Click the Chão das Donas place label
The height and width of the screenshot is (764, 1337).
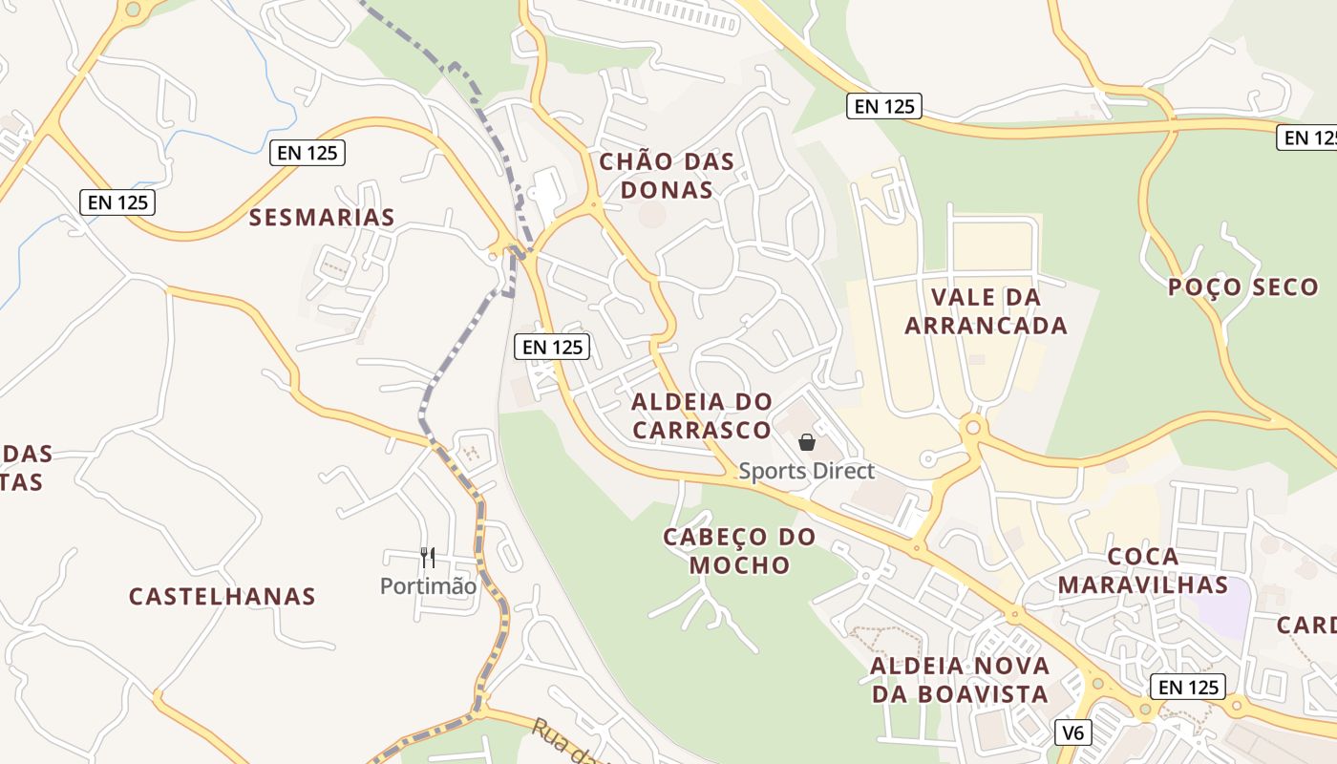click(667, 176)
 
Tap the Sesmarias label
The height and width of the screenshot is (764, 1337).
click(322, 218)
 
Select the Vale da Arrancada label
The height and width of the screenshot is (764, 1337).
click(986, 311)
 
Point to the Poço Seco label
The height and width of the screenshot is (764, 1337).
click(1242, 286)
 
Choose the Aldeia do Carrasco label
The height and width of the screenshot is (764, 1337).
click(701, 415)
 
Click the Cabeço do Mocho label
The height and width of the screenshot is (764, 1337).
click(740, 551)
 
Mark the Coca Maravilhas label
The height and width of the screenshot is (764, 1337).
click(1143, 570)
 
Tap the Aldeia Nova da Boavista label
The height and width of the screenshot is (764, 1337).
click(960, 680)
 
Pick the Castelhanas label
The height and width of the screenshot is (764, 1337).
click(223, 597)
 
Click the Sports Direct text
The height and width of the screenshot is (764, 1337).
click(807, 471)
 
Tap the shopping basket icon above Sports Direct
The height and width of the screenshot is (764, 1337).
click(807, 442)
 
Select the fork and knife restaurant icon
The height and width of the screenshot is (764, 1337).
click(428, 557)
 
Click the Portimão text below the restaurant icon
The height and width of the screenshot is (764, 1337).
click(428, 586)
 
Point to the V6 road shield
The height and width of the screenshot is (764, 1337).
click(1074, 732)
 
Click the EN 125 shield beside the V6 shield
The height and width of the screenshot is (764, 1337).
click(1187, 687)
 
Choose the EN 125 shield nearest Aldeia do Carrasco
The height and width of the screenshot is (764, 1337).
click(552, 347)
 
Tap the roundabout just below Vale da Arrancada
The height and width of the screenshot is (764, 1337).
click(973, 427)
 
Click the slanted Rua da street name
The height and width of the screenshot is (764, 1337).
click(563, 744)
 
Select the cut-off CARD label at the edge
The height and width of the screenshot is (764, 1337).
click(1308, 626)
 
